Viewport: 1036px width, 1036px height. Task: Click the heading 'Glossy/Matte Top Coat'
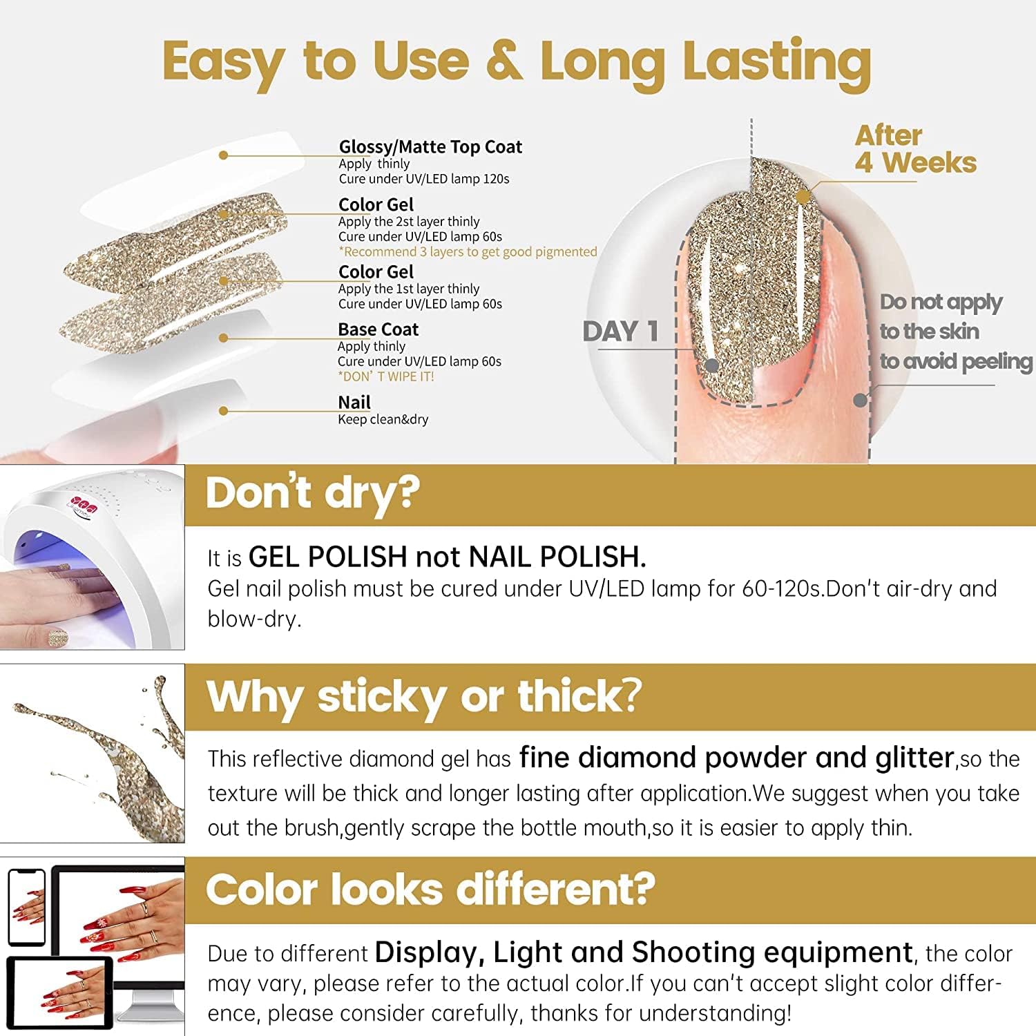[430, 146]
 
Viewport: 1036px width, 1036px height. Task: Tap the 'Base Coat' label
[378, 329]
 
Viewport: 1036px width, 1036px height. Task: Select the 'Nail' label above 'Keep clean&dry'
[354, 402]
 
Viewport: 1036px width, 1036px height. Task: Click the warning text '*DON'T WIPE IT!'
[385, 376]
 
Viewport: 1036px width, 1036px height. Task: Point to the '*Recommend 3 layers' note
[468, 252]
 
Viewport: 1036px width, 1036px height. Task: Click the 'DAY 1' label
[620, 332]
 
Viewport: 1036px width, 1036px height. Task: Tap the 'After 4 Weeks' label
[914, 149]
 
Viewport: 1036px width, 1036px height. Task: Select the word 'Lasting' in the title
[776, 62]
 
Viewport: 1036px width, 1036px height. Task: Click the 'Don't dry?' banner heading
[312, 494]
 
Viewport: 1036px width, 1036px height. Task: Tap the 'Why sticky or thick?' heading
[423, 696]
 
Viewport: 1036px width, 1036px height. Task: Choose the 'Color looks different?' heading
[430, 889]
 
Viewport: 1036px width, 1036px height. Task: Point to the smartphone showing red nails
[26, 906]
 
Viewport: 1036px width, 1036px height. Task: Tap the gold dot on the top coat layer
[223, 155]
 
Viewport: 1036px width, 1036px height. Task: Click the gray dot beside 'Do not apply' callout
[860, 399]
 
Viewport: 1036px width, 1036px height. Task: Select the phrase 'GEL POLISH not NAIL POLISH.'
[447, 557]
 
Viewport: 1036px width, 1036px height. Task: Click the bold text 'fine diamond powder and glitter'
[736, 758]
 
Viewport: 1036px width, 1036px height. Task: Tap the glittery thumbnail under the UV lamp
[58, 637]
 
